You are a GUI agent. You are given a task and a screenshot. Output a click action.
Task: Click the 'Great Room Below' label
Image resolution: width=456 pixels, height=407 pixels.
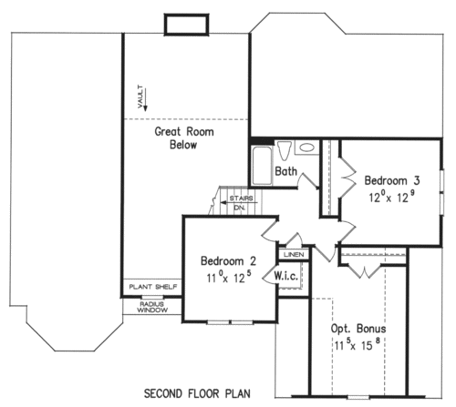click(x=184, y=138)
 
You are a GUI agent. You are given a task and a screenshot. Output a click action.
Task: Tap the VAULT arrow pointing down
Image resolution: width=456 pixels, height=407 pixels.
click(x=145, y=99)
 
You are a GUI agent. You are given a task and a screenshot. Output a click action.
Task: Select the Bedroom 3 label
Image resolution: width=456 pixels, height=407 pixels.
click(x=392, y=180)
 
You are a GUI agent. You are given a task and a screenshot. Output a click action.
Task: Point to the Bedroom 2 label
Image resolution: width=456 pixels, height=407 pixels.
click(x=228, y=261)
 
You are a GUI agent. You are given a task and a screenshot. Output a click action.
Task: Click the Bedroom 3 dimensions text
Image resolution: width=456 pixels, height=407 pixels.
click(x=392, y=198)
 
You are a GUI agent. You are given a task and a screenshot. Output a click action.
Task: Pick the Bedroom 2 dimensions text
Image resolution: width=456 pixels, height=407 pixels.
click(x=229, y=277)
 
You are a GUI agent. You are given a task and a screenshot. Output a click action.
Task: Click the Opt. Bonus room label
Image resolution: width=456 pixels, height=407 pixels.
click(x=358, y=329)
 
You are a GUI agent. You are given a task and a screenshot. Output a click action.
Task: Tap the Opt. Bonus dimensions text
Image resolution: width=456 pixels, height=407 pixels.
click(x=358, y=345)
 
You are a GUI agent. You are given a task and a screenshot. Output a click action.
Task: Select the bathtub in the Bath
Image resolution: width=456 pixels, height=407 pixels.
click(x=262, y=166)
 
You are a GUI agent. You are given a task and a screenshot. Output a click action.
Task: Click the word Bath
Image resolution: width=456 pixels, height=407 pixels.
click(x=285, y=171)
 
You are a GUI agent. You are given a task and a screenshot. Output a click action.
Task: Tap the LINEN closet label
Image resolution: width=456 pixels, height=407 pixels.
click(x=294, y=255)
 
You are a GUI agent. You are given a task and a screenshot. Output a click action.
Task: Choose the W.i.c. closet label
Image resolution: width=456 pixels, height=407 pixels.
click(x=285, y=276)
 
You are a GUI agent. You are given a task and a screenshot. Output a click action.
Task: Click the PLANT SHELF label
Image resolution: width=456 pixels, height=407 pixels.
click(x=153, y=287)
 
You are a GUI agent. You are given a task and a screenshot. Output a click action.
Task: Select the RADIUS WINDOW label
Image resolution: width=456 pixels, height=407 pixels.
click(x=152, y=307)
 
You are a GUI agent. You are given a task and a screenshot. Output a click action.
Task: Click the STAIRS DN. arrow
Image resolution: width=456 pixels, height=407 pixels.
click(x=239, y=202)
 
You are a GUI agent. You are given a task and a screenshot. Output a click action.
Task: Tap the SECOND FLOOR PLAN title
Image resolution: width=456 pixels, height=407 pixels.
click(x=197, y=393)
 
